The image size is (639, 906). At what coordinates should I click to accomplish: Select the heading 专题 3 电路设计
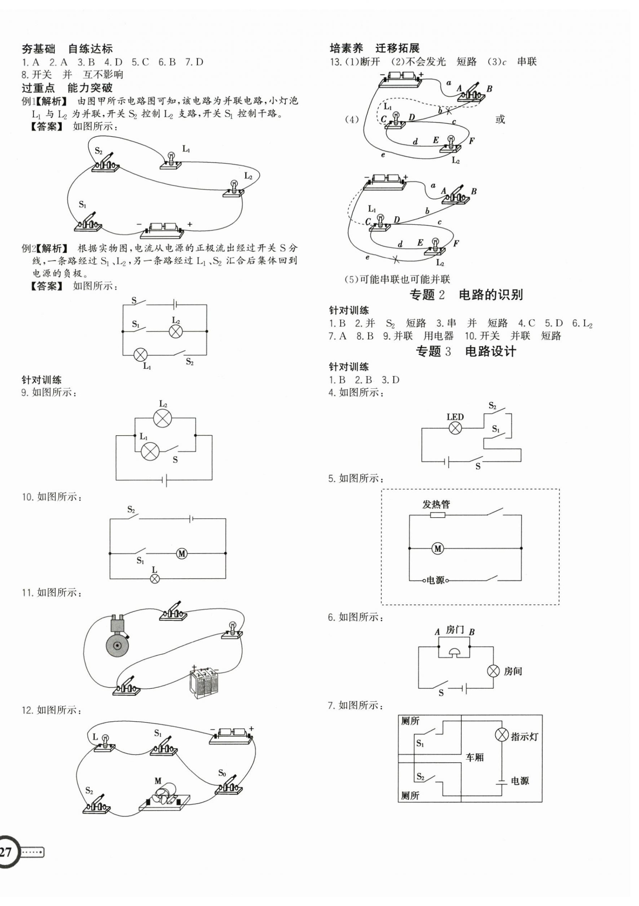466,351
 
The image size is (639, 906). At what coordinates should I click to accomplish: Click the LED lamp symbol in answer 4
455,428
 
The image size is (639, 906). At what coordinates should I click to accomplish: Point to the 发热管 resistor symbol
438,515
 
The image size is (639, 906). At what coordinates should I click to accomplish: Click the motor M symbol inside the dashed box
438,548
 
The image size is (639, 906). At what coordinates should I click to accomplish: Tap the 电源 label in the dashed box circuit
435,581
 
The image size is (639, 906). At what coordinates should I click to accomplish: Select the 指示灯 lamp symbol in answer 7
501,735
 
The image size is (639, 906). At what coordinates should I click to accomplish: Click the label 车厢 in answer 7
475,757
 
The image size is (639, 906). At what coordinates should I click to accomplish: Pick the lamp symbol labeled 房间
493,671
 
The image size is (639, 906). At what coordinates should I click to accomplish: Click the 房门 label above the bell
455,630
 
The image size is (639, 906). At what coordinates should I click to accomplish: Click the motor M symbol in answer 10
182,554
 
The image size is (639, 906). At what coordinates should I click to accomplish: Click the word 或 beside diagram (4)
500,119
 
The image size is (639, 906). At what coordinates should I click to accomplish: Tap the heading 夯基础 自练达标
67,49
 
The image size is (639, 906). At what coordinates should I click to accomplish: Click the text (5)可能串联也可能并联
397,279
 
